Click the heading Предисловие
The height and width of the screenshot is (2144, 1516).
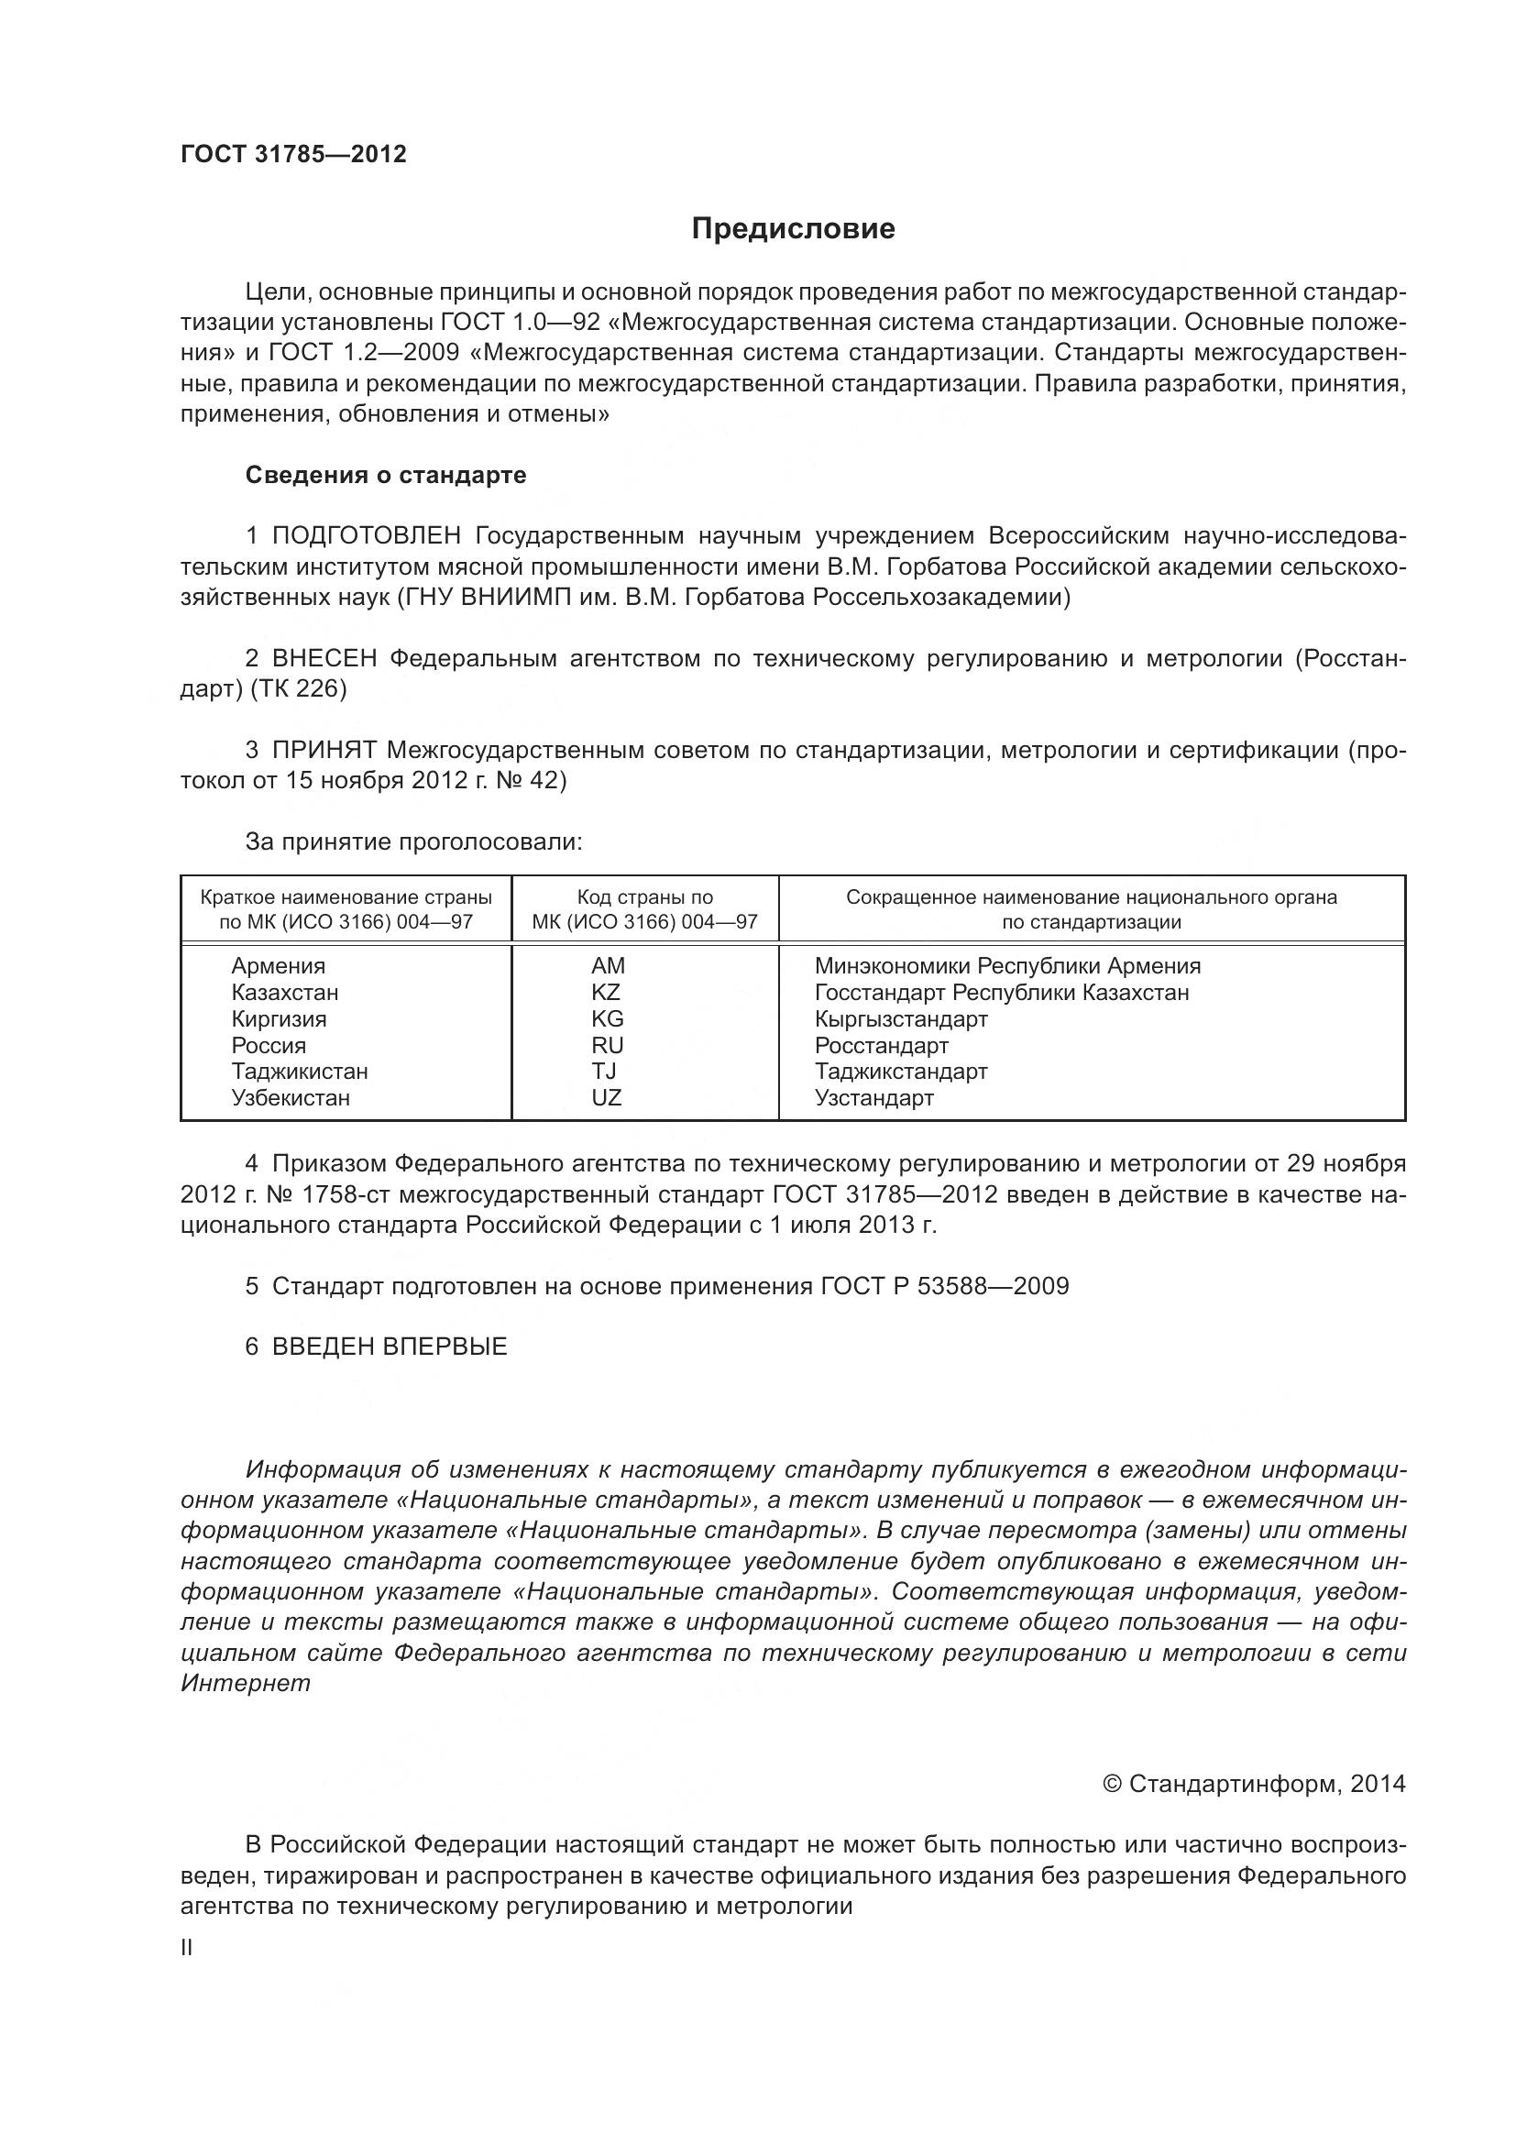pyautogui.click(x=793, y=229)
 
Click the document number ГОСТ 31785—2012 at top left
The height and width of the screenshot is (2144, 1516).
pyautogui.click(x=293, y=155)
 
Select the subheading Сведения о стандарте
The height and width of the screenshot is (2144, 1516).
pyautogui.click(x=386, y=476)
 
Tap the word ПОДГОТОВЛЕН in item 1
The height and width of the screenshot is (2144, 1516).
pyautogui.click(x=366, y=536)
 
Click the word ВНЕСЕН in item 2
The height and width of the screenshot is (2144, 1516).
pyautogui.click(x=324, y=659)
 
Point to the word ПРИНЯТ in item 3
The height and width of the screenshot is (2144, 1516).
pyautogui.click(x=323, y=750)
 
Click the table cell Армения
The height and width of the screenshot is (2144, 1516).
pyautogui.click(x=279, y=966)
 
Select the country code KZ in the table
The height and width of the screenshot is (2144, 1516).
pyautogui.click(x=606, y=993)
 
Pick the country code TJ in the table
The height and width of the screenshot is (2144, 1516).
pyautogui.click(x=603, y=1071)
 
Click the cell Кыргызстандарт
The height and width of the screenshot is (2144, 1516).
pyautogui.click(x=900, y=1018)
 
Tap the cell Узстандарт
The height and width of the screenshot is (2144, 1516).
pyautogui.click(x=873, y=1098)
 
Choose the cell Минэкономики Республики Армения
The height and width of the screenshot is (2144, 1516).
pyautogui.click(x=1006, y=966)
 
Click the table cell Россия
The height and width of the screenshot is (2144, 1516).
pyautogui.click(x=269, y=1046)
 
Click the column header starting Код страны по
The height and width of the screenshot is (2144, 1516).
pyautogui.click(x=644, y=897)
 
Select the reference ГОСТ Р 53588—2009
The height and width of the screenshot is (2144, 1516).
pyautogui.click(x=945, y=1286)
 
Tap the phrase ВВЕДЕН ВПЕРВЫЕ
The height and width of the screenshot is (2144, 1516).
pyautogui.click(x=390, y=1347)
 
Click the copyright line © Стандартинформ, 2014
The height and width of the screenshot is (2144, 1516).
pyautogui.click(x=1254, y=1785)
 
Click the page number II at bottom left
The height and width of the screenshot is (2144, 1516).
pyautogui.click(x=187, y=1948)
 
